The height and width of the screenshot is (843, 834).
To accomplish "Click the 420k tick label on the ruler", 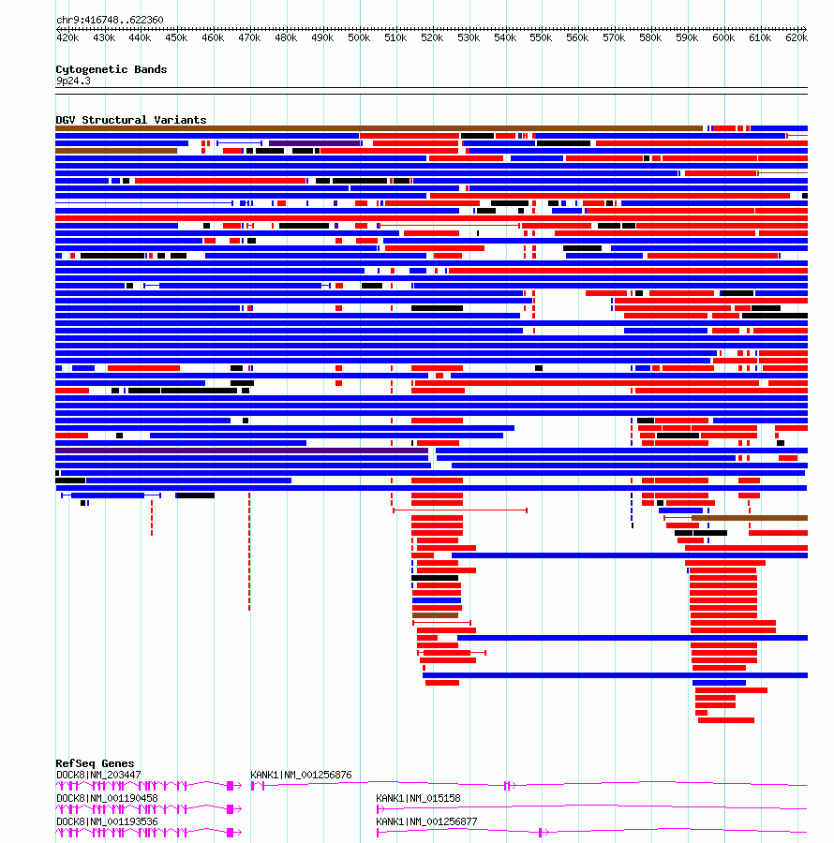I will coord(67,38).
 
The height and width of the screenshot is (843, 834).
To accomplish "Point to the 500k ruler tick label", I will coord(359,38).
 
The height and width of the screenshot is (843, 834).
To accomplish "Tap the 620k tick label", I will coord(796,38).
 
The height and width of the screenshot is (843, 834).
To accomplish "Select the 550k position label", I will coord(541,38).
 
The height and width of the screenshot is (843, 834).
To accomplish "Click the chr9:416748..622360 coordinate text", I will coord(110,20).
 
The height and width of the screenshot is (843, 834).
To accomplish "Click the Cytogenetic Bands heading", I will coord(111,69).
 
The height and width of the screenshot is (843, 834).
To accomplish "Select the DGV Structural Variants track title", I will coord(130,120).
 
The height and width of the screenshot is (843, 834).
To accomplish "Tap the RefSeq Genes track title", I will coord(95,763).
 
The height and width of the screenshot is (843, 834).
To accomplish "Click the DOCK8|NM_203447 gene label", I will coord(98,775).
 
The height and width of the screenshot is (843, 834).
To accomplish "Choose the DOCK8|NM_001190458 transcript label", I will coord(107,798).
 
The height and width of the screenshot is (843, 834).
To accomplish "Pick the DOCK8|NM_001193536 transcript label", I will coord(107,821).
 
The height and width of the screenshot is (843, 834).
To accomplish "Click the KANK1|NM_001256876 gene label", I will coord(301,775).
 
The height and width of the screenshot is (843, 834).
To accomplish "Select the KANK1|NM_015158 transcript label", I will coord(418,798).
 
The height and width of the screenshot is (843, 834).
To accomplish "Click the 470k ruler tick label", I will coord(249,38).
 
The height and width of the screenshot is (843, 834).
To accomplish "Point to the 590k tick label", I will coord(687,38).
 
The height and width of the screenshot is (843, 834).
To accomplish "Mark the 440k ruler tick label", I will coord(140,38).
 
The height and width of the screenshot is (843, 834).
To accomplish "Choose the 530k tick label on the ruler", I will coord(469,38).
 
